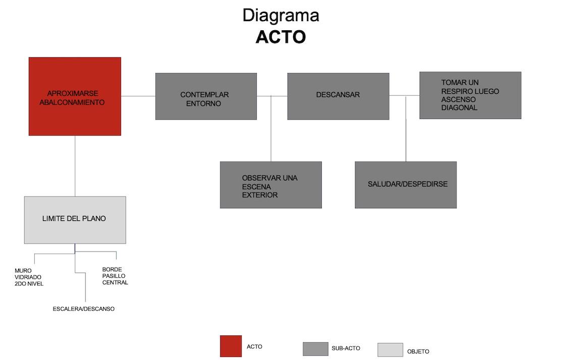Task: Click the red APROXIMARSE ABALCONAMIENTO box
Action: [x=75, y=96]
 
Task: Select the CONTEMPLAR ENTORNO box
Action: [x=206, y=96]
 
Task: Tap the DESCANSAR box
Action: [x=338, y=96]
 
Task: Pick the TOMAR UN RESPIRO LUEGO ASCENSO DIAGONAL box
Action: [x=470, y=95]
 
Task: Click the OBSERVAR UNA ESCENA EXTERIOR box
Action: [x=271, y=185]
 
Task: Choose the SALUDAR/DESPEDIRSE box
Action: [x=406, y=185]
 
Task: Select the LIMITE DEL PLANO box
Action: [x=75, y=220]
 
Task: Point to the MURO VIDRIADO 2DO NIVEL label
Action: [x=29, y=277]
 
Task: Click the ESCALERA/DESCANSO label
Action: [x=84, y=309]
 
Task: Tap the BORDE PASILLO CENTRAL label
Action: [x=115, y=276]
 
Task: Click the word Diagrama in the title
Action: [x=280, y=15]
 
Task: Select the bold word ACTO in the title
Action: [x=280, y=37]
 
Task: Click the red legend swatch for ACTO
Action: [x=231, y=346]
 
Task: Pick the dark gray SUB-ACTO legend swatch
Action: [x=315, y=349]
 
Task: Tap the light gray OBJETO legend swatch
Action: [x=390, y=350]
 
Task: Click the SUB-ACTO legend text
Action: [x=346, y=348]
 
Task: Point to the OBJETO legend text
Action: [x=418, y=351]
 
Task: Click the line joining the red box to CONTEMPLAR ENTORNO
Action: [x=138, y=96]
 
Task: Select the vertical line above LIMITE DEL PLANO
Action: [x=75, y=166]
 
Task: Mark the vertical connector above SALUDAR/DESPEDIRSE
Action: [x=406, y=129]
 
